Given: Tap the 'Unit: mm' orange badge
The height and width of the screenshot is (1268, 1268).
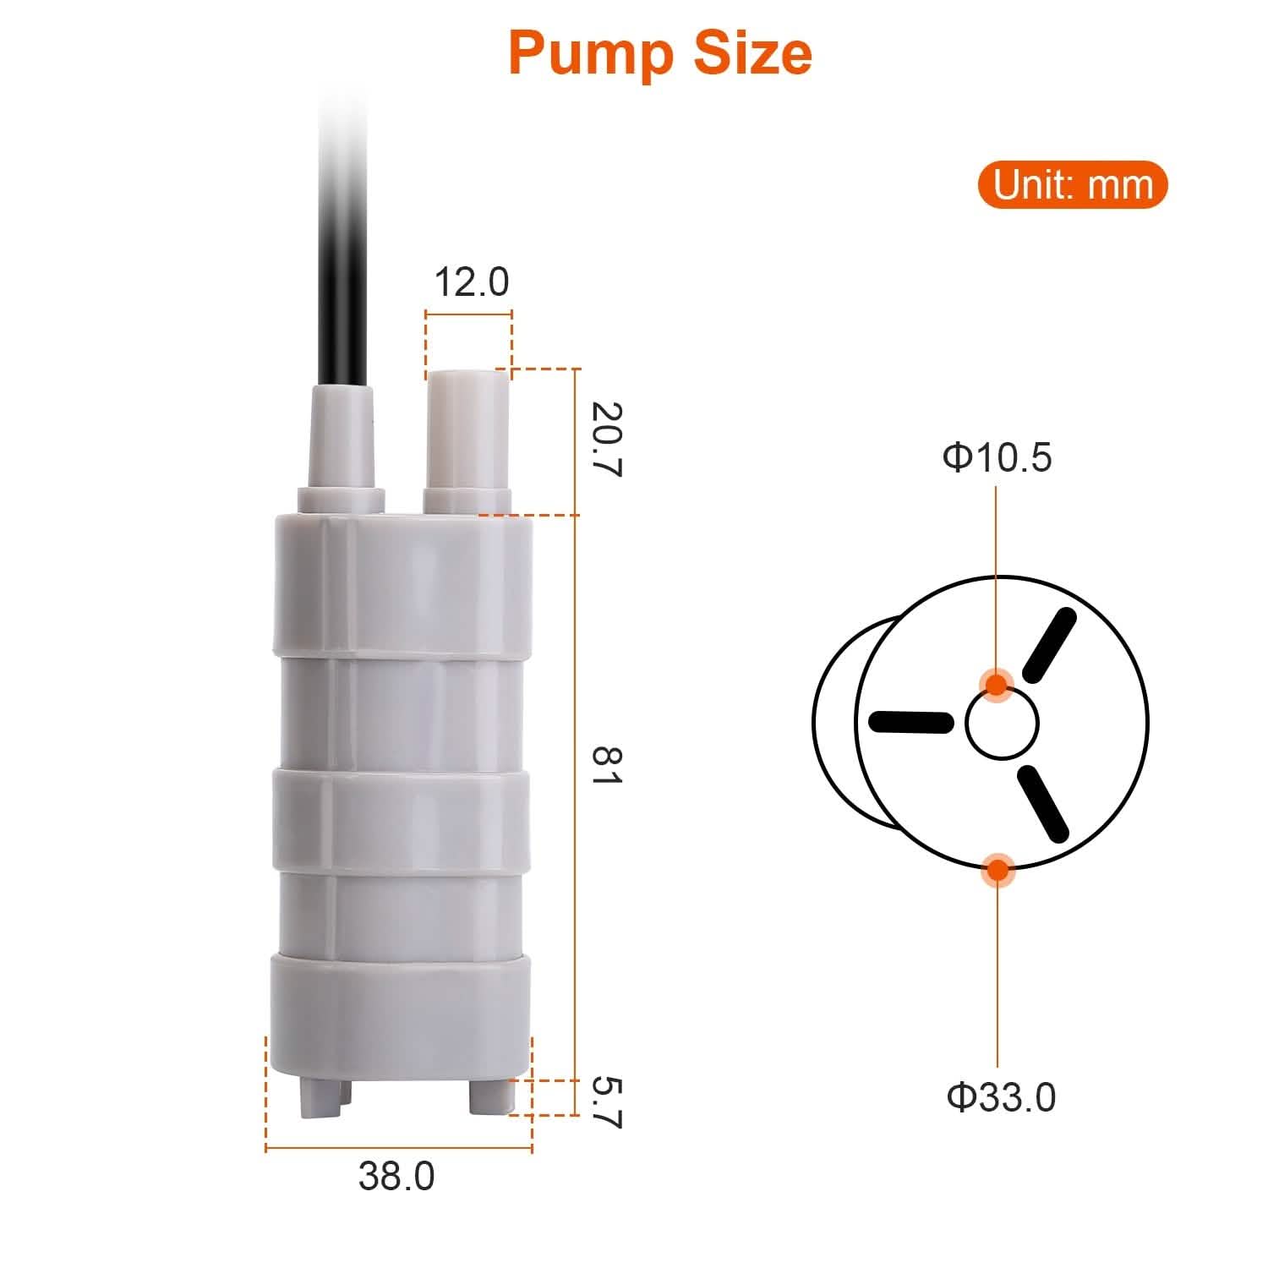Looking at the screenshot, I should [x=1072, y=185].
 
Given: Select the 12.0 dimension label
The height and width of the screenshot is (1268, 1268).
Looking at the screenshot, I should [x=471, y=281].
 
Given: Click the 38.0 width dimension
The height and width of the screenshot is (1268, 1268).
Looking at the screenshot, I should [x=396, y=1176].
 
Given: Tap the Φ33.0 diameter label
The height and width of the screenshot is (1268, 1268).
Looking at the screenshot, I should [x=1001, y=1097].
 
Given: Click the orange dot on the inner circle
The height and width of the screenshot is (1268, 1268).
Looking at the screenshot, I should [x=997, y=684].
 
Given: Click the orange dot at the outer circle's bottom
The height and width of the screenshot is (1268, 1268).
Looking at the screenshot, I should [x=997, y=868].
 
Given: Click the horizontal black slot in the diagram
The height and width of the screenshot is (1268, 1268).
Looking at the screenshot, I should [x=910, y=722].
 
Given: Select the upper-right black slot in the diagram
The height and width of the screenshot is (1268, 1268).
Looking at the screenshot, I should [x=1049, y=645].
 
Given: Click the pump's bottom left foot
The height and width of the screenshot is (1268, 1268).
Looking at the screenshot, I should [x=320, y=1096].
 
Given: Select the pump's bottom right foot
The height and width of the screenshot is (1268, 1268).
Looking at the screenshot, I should [x=491, y=1096].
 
